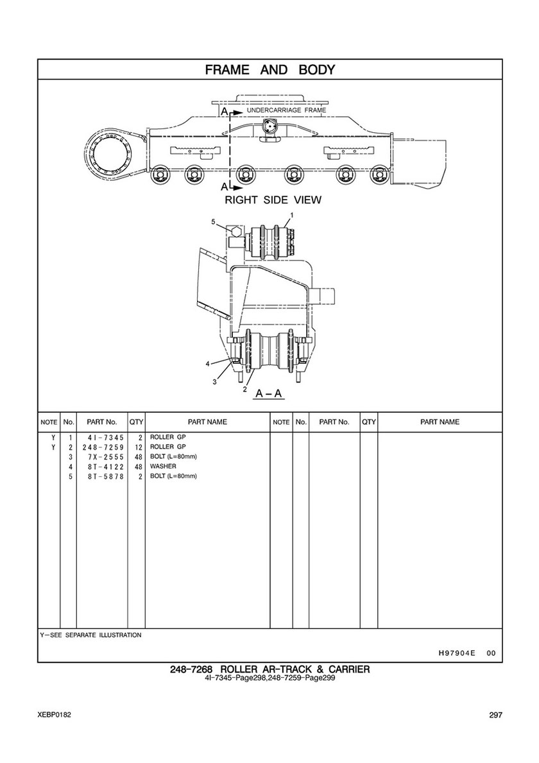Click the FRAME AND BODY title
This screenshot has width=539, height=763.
pyautogui.click(x=270, y=69)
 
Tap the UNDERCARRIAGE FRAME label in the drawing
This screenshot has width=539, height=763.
pyautogui.click(x=287, y=110)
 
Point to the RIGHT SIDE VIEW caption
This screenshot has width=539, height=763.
pyautogui.click(x=273, y=200)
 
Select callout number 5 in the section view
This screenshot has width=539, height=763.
pyautogui.click(x=213, y=222)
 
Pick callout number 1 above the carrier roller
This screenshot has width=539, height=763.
pyautogui.click(x=292, y=214)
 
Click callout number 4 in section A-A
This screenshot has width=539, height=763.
pyautogui.click(x=207, y=363)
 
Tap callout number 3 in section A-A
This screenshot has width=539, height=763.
pyautogui.click(x=214, y=382)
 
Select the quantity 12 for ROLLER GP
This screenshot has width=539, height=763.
pyautogui.click(x=139, y=447)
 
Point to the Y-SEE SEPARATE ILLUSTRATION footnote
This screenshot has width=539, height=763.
pyautogui.click(x=91, y=635)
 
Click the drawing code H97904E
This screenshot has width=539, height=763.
pyautogui.click(x=453, y=653)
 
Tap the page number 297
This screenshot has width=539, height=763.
pyautogui.click(x=496, y=716)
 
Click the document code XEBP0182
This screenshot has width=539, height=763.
pyautogui.click(x=54, y=716)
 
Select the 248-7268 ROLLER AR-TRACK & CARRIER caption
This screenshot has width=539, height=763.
pyautogui.click(x=269, y=669)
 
